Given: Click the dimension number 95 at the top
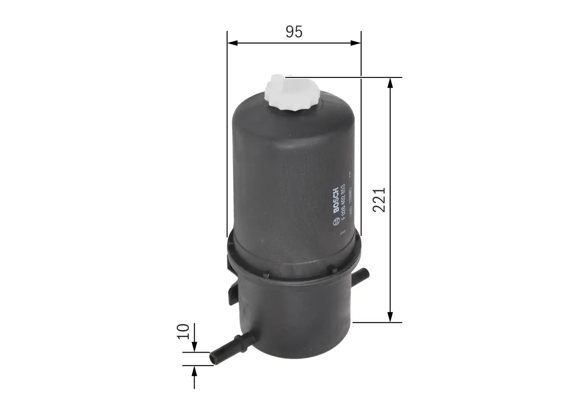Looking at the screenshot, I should click(x=294, y=32).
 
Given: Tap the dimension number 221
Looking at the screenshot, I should click(x=379, y=200).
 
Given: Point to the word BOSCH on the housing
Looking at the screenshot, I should click(x=336, y=200).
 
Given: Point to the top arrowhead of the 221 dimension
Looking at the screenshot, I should click(x=390, y=82).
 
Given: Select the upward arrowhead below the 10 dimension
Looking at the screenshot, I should click(x=194, y=370).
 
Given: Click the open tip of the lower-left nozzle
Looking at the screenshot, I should click(x=212, y=359).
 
